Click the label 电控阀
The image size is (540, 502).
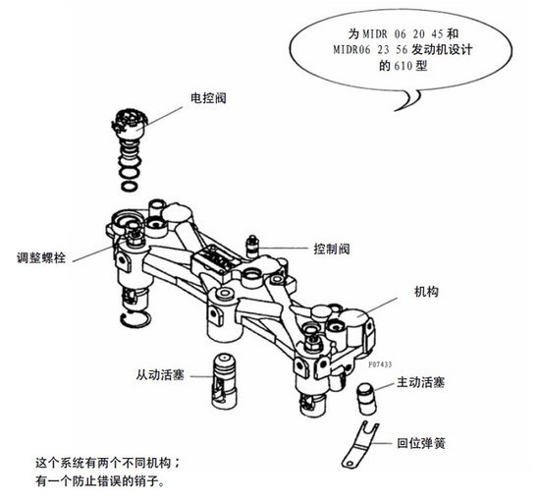[x=208, y=98]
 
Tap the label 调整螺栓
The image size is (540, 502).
[x=41, y=257]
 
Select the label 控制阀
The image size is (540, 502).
[x=332, y=249]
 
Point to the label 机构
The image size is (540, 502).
[x=426, y=292]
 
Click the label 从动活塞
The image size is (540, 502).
[x=160, y=375]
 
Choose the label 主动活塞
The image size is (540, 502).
[x=421, y=382]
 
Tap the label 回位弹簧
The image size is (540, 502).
[x=421, y=443]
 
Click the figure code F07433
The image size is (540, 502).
[x=380, y=364]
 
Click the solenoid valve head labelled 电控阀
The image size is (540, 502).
[x=130, y=124]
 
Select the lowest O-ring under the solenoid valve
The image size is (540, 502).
[x=130, y=186]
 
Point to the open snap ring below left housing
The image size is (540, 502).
[x=135, y=319]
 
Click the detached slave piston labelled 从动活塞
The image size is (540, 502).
[x=224, y=381]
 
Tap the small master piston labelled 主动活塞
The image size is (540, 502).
[x=367, y=398]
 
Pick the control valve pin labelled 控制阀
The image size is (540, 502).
[x=252, y=247]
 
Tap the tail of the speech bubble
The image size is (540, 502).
[x=409, y=100]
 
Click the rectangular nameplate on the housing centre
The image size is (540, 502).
[x=216, y=258]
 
